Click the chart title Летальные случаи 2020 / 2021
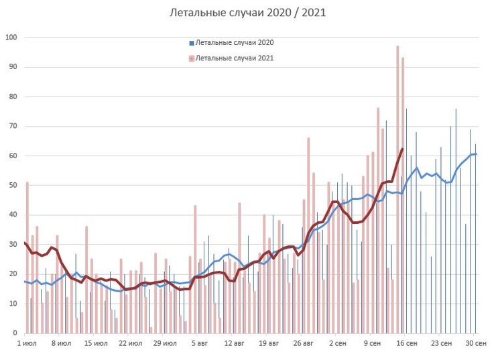247,13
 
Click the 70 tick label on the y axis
11,126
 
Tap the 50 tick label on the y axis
11,185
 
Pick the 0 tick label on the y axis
13,333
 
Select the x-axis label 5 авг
200,343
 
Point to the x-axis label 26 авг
304,343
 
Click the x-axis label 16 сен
407,343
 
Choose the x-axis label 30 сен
475,343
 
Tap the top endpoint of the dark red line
402,149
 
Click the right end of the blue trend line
476,154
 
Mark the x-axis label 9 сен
372,343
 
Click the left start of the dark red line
24,243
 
